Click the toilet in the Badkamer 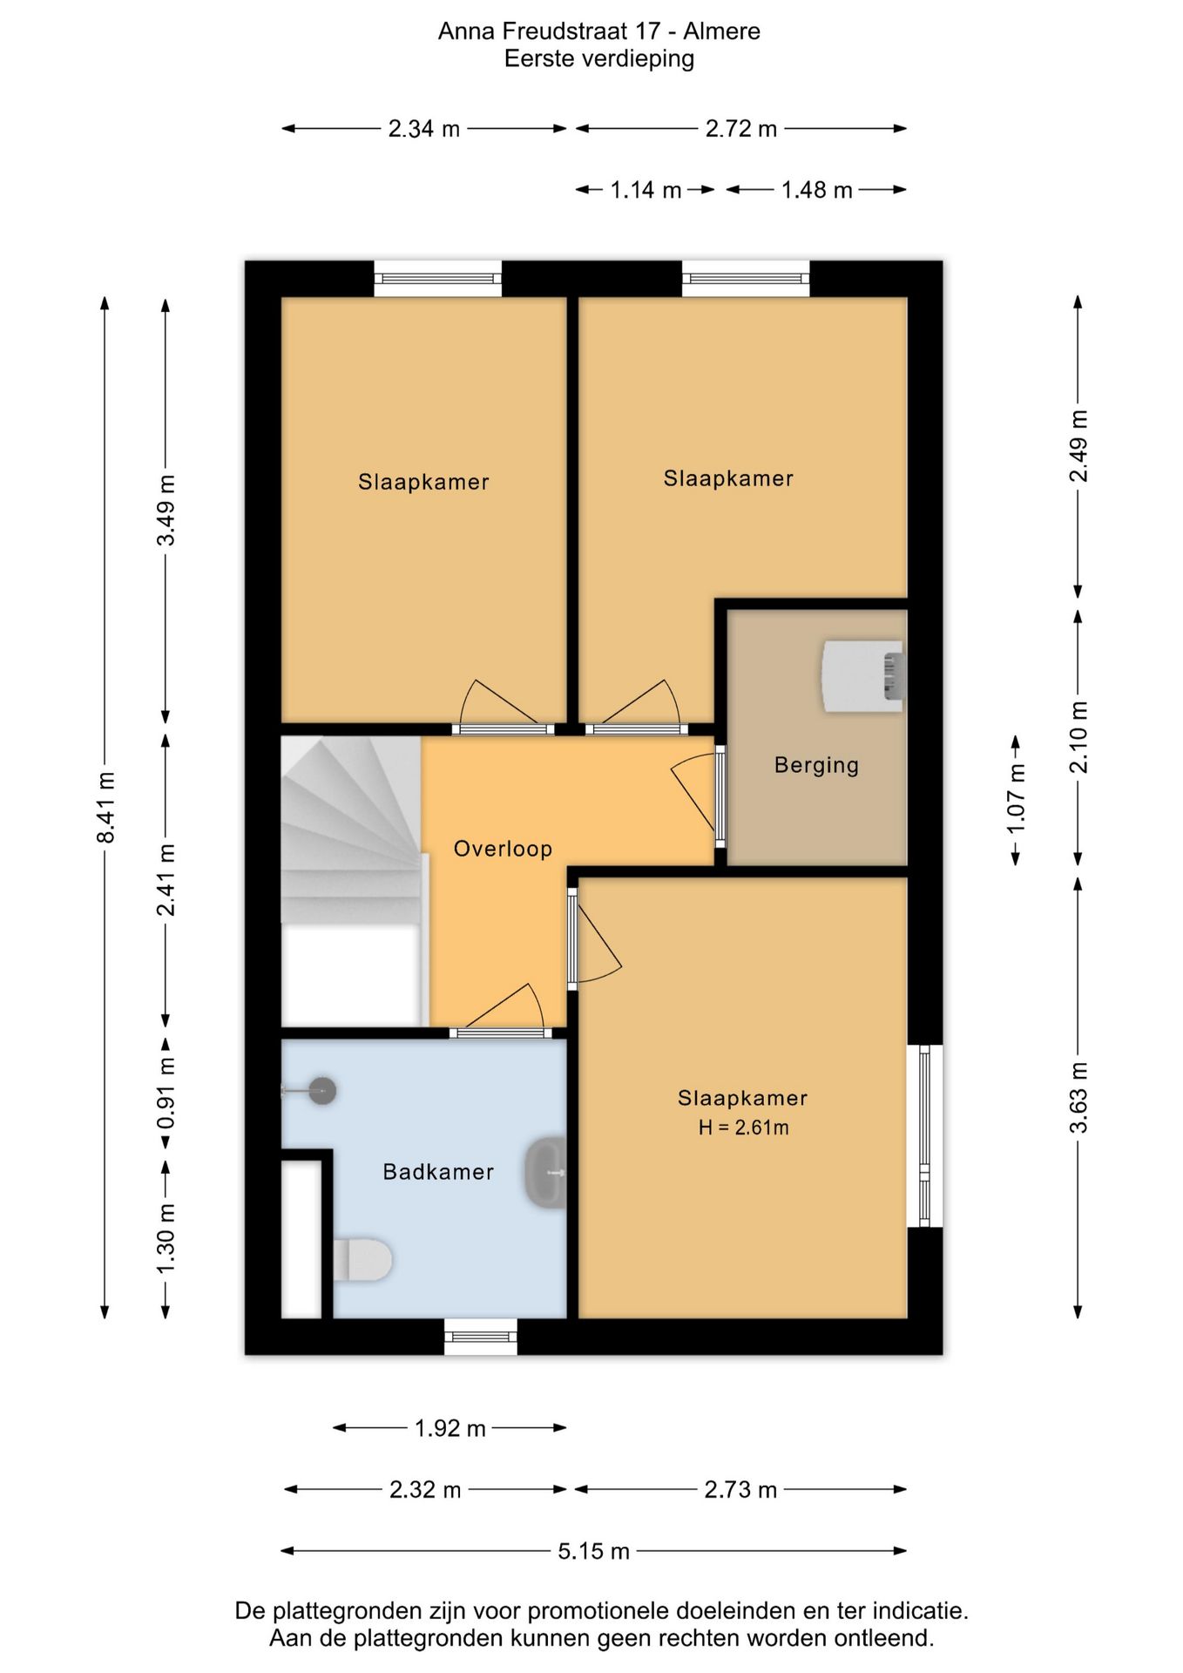[362, 1259]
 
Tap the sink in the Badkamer [546, 1172]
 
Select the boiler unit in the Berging [862, 676]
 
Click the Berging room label [816, 765]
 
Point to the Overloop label [503, 849]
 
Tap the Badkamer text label [438, 1172]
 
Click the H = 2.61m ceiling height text [743, 1128]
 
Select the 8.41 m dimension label [105, 808]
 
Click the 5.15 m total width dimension [593, 1551]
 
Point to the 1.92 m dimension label [450, 1428]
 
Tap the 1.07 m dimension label [1016, 798]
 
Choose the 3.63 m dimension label [1078, 1098]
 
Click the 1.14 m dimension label [646, 190]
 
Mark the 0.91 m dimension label [166, 1094]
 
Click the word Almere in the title [721, 31]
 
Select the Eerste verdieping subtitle [599, 59]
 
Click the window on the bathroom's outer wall [481, 1337]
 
